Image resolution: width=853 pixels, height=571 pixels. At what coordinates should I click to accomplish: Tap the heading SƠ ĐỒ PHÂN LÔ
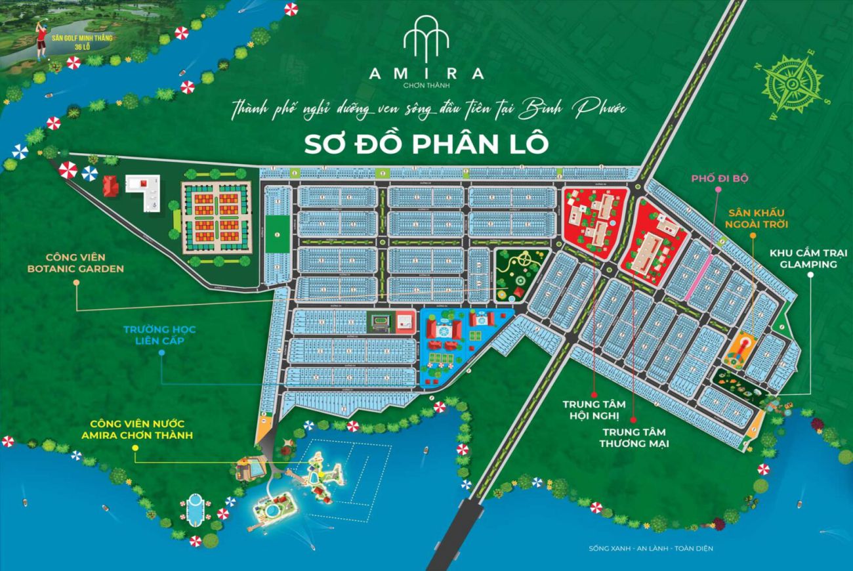click(427, 144)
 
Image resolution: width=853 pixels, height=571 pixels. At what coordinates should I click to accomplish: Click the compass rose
click(793, 84)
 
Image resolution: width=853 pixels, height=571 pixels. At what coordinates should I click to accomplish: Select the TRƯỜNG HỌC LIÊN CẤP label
click(162, 333)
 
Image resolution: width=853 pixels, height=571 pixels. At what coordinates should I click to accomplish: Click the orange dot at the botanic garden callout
click(76, 283)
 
